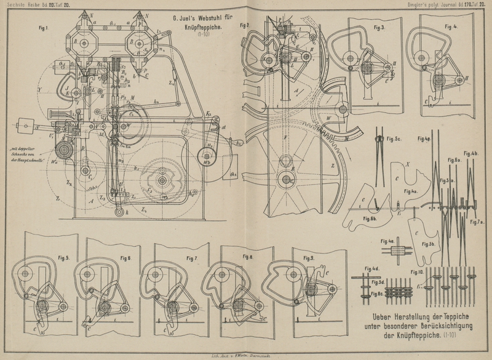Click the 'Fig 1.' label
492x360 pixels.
43,28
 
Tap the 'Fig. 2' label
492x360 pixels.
244,26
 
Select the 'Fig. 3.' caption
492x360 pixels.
378,28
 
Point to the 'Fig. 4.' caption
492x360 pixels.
451,27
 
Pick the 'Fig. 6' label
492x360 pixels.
125,258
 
